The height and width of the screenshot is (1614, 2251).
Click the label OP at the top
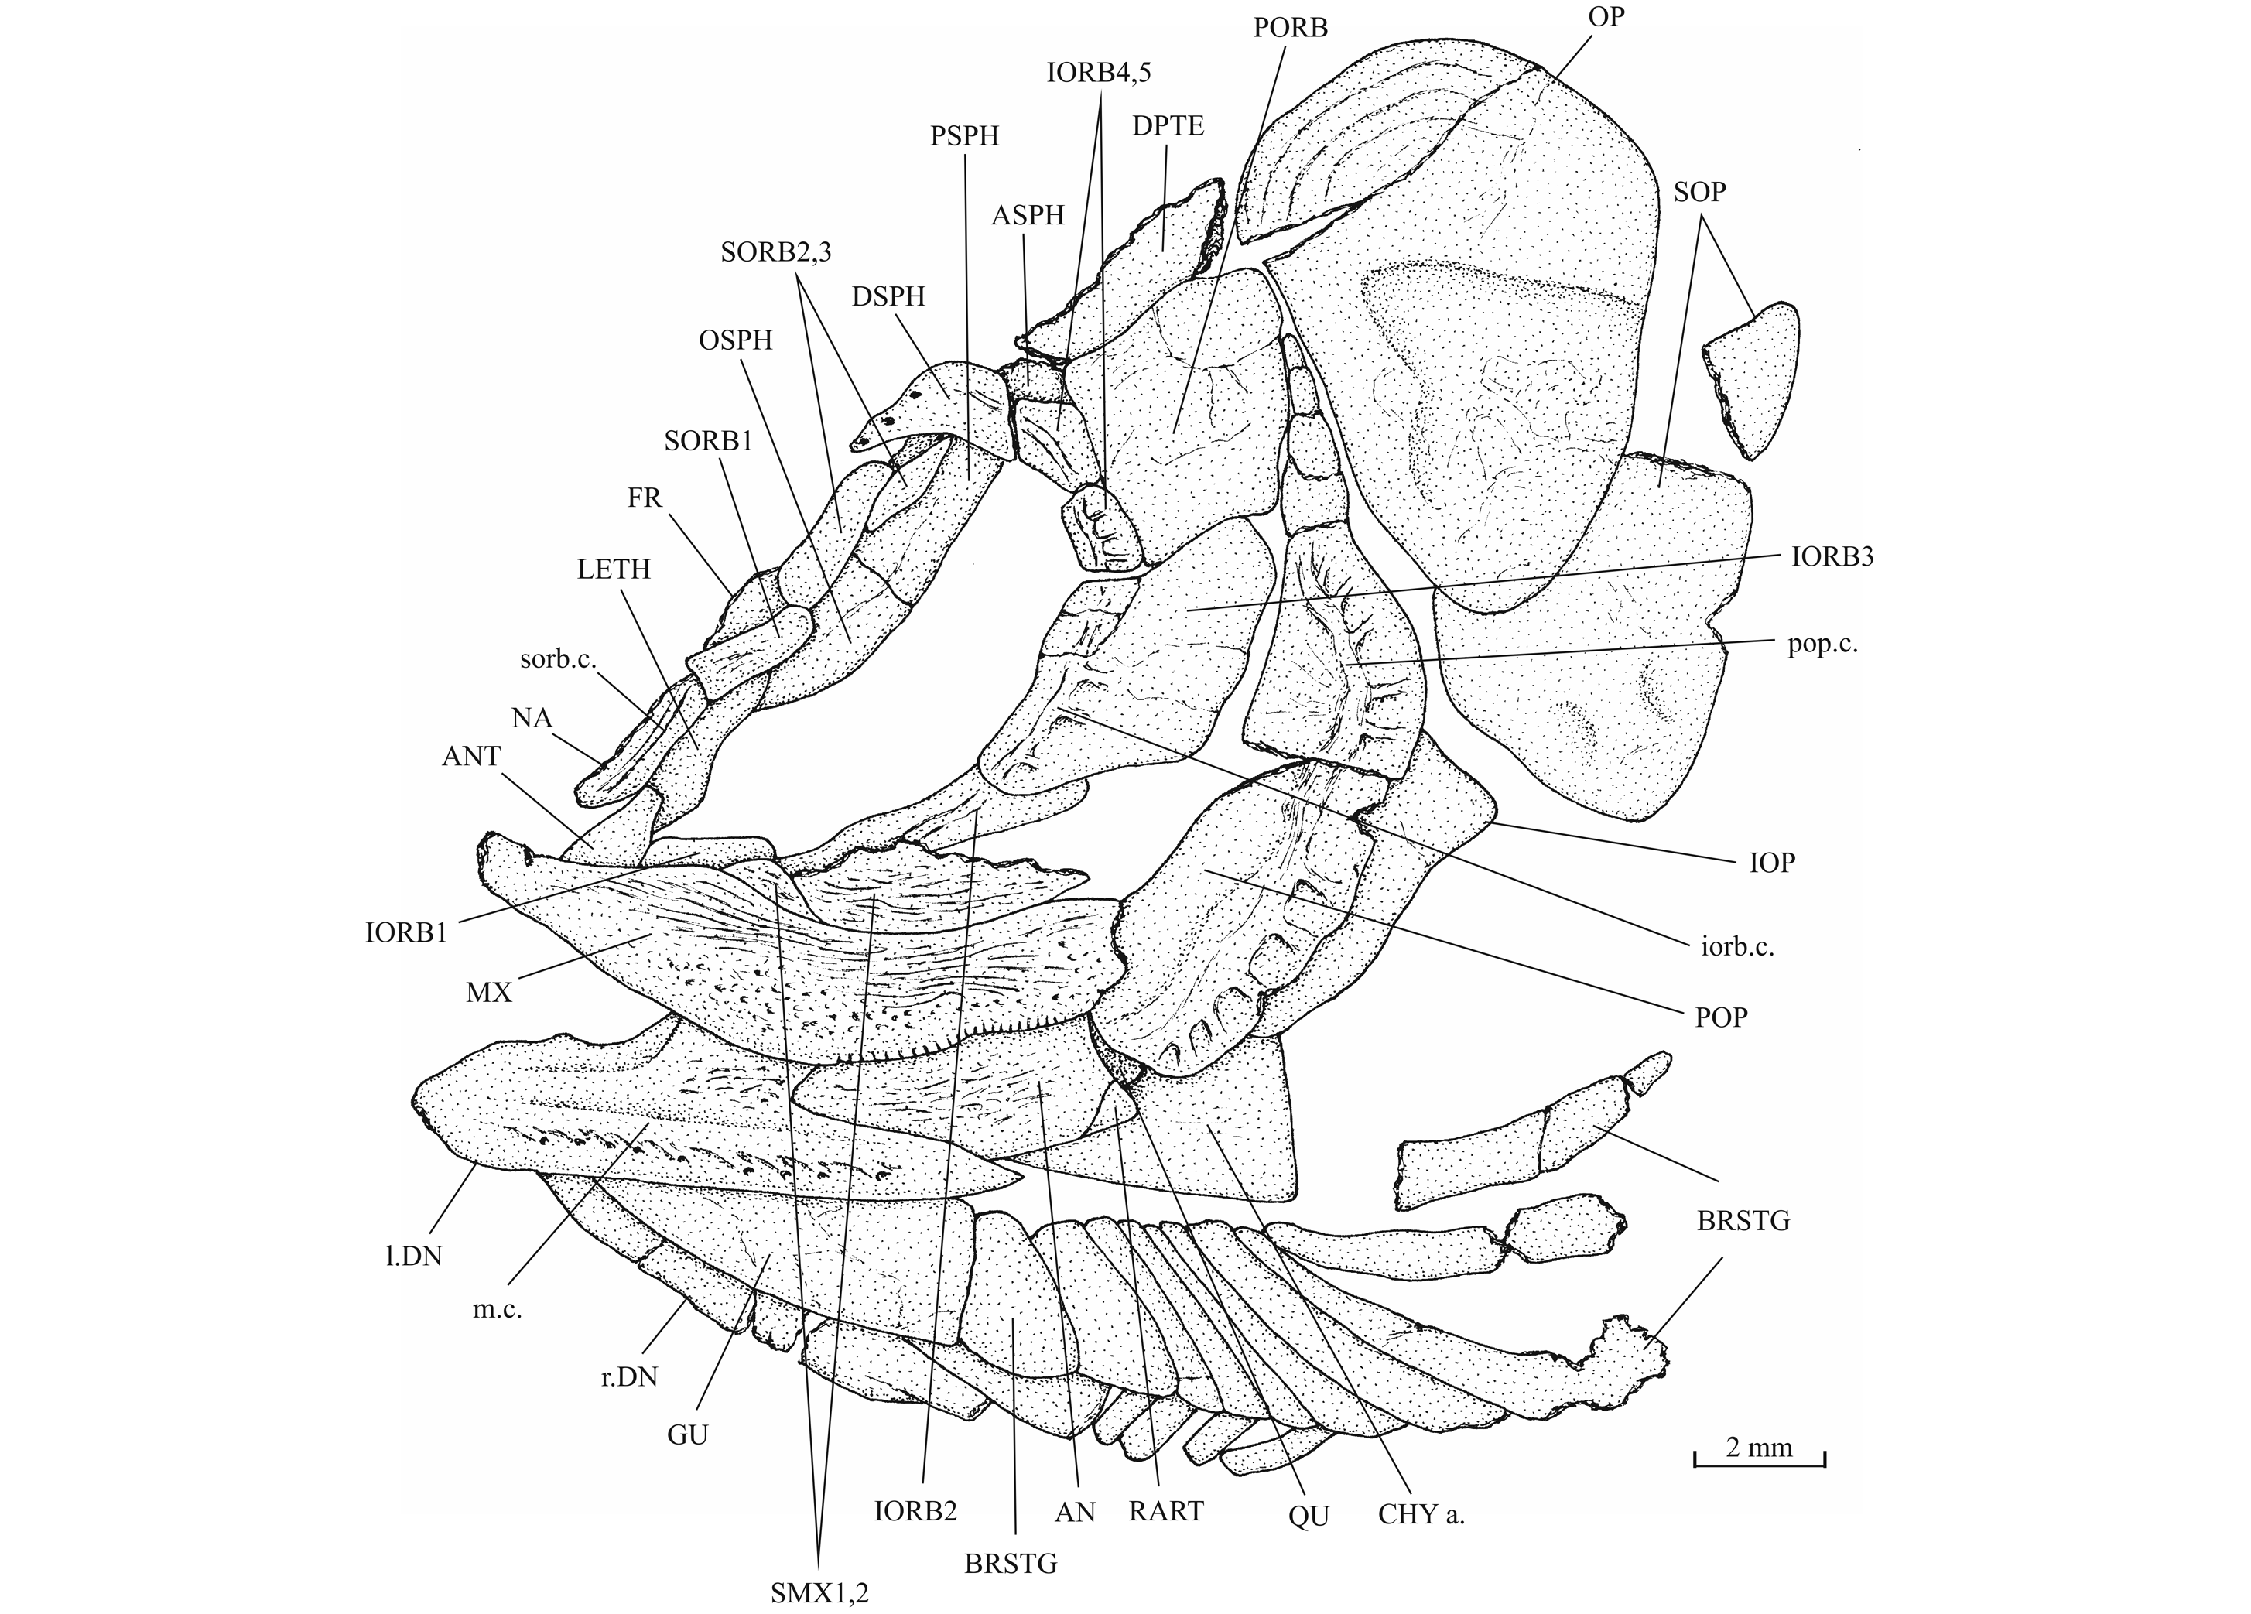point(1605,16)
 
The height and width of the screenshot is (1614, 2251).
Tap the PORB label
point(1290,28)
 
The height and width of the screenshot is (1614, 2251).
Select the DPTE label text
point(1168,126)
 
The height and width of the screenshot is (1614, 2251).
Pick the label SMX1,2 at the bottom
point(819,1594)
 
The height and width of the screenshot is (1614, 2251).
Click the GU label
point(688,1434)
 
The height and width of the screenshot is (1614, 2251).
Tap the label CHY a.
point(1421,1516)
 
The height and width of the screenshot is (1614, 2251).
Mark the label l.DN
point(415,1256)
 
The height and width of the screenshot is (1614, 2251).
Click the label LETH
point(614,569)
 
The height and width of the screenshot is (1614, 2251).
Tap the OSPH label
point(735,340)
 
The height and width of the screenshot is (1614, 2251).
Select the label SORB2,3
point(776,252)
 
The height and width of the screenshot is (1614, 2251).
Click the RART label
point(1166,1511)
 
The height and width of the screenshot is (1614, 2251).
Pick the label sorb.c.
point(557,658)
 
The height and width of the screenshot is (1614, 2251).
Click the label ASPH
point(1028,214)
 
